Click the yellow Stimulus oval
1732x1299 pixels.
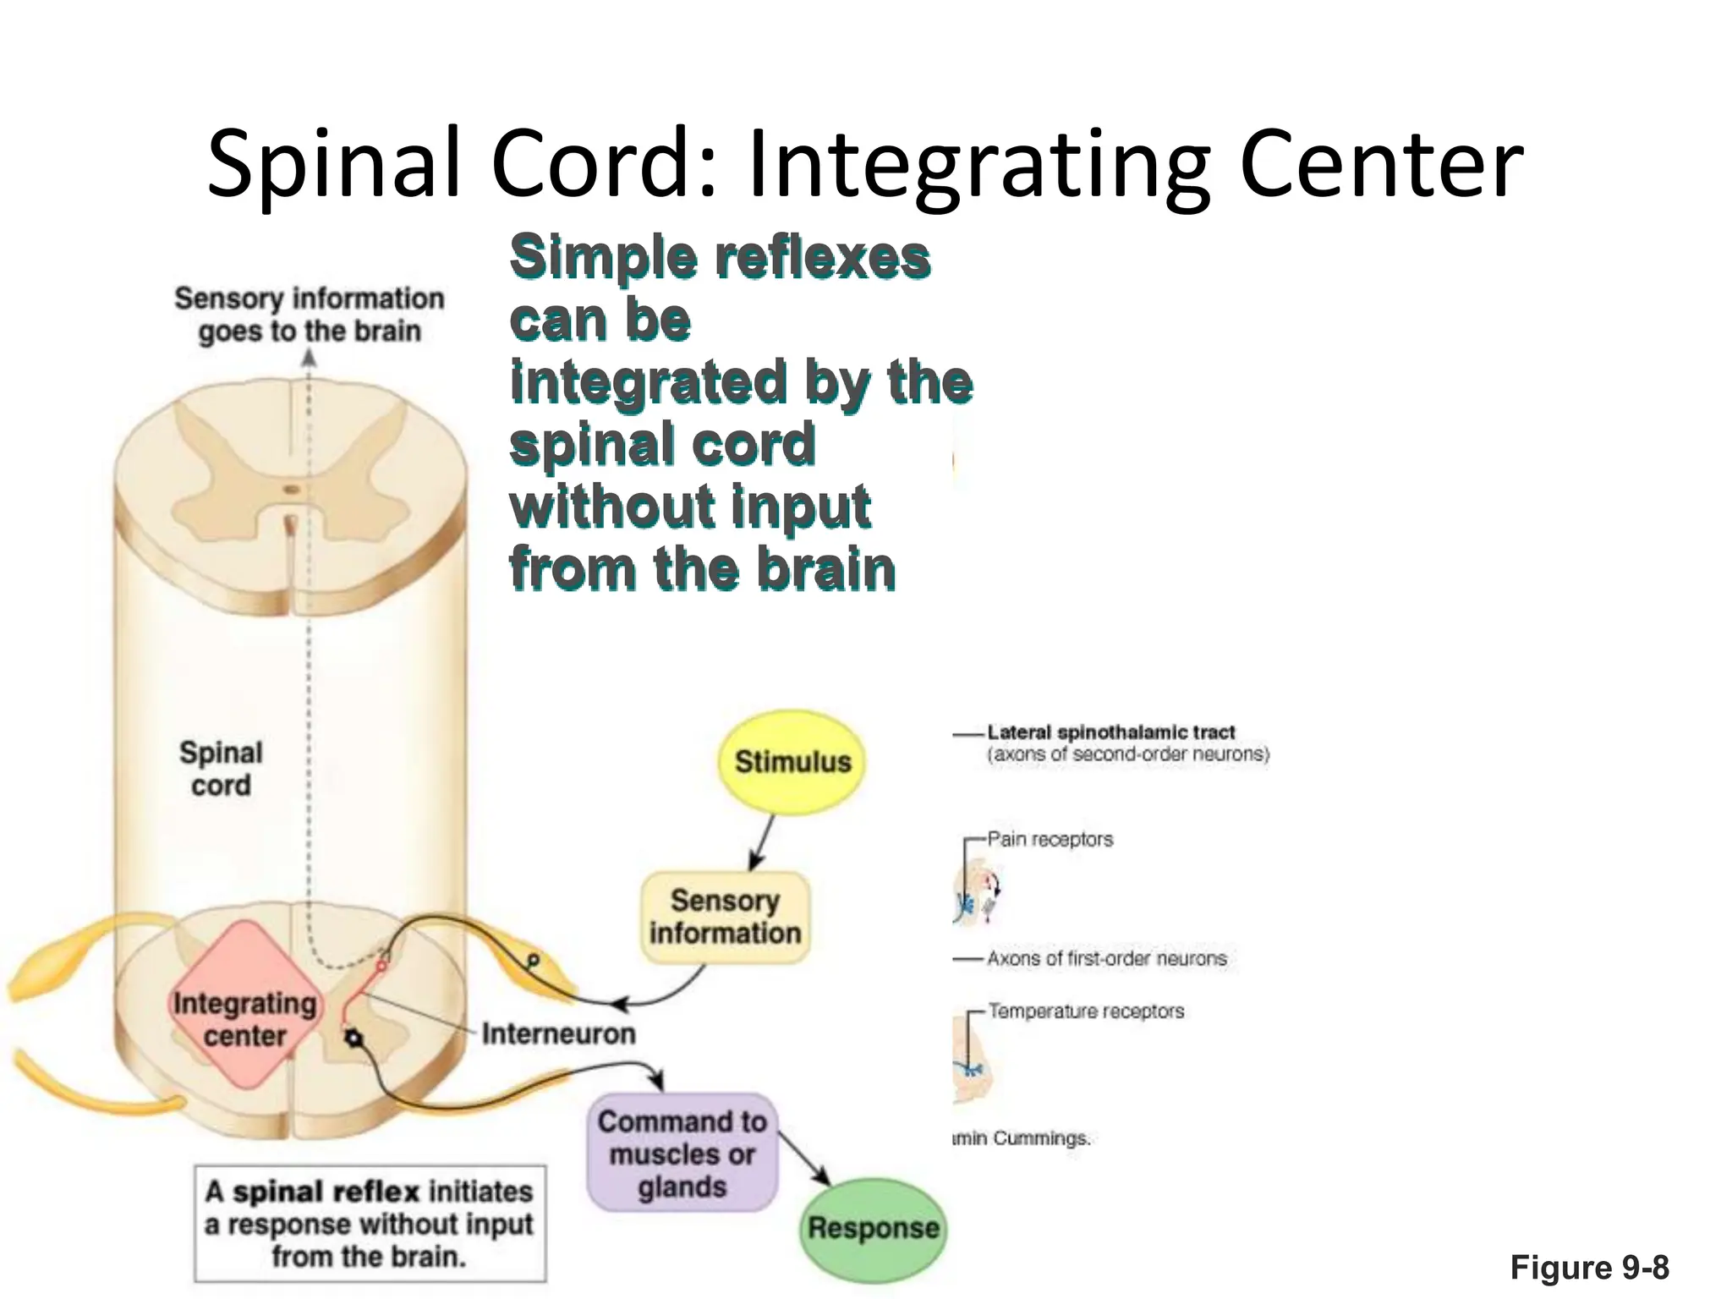tap(792, 762)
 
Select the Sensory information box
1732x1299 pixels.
tap(725, 917)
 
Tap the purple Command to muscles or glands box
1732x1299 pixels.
tap(682, 1154)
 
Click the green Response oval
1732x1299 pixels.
tap(873, 1228)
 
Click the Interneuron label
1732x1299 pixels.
tap(558, 1033)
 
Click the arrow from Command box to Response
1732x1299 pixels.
tap(803, 1158)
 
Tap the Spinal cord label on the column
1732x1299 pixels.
tap(221, 768)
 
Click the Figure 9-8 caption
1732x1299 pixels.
tap(1589, 1267)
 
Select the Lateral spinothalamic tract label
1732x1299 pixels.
tap(1110, 732)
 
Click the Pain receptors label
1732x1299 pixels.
tap(1050, 839)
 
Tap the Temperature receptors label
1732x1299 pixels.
tap(1086, 1011)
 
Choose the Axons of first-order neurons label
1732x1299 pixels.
tap(1106, 958)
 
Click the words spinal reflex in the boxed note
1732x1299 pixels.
tap(326, 1192)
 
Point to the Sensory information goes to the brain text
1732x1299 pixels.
tap(309, 315)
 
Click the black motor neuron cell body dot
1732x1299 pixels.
tap(354, 1039)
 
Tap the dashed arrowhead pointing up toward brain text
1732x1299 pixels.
tap(310, 359)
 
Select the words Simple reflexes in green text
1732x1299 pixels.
tap(719, 256)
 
